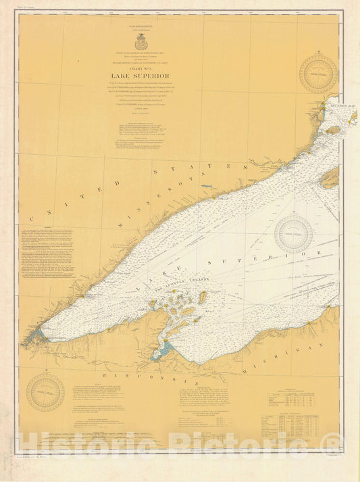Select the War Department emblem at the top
click(140, 44)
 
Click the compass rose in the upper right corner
click(318, 74)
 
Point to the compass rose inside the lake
click(293, 234)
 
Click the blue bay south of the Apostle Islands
click(163, 351)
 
